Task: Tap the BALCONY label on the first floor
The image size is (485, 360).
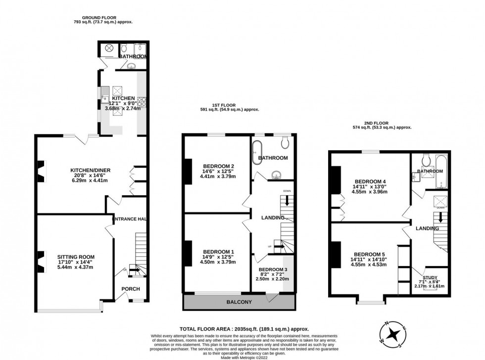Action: (239, 302)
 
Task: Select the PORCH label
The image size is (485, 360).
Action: (131, 289)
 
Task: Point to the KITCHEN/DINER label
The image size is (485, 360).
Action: (90, 170)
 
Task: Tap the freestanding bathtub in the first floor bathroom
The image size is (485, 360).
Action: (257, 152)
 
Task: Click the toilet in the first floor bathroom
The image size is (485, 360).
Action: (285, 143)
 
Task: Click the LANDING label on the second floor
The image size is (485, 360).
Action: (427, 228)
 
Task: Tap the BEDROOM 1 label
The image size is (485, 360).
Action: (218, 252)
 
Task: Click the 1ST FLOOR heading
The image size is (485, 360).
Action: (222, 105)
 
